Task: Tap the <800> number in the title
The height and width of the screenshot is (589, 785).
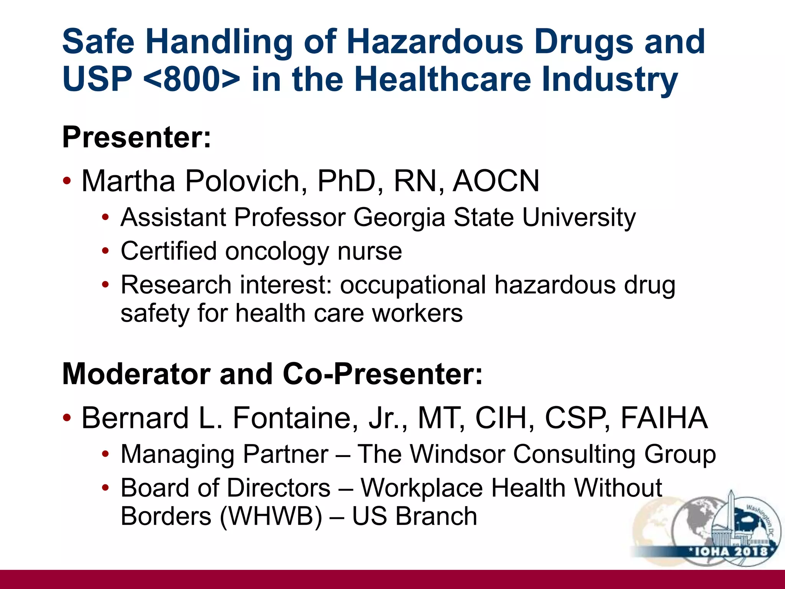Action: click(192, 79)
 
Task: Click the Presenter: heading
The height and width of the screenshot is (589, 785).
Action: click(136, 137)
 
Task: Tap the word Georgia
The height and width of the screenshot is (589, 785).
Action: click(399, 218)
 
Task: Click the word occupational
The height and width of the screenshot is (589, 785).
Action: click(413, 285)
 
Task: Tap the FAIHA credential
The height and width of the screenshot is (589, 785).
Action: click(663, 418)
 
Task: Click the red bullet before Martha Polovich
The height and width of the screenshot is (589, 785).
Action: click(67, 181)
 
